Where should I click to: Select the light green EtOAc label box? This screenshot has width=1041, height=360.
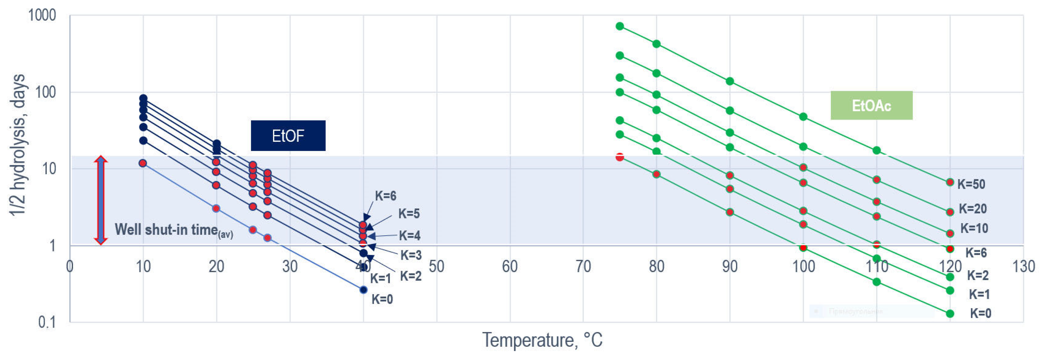point(871,106)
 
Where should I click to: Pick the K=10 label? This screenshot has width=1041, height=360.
point(974,228)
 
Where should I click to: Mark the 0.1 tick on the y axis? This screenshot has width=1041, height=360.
point(47,322)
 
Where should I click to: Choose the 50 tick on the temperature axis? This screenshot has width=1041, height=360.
point(436,267)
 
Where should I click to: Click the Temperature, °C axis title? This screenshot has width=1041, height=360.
point(542,340)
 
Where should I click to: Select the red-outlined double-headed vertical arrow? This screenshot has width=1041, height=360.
point(101,200)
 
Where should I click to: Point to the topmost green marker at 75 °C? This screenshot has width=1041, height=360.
point(619,26)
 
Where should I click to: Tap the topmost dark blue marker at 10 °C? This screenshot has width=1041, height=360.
point(143,98)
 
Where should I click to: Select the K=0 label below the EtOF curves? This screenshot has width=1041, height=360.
point(382,299)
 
